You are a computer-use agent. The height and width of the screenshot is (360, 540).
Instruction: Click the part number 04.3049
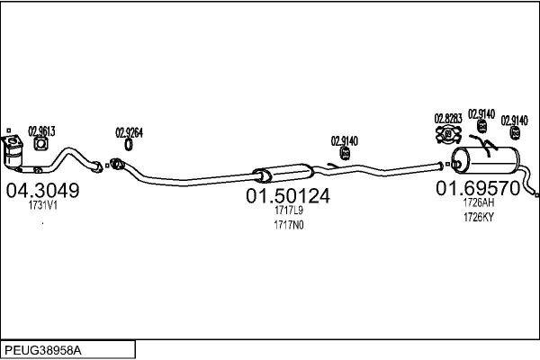pos(42,191)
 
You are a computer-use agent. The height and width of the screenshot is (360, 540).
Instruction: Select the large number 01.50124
pos(288,196)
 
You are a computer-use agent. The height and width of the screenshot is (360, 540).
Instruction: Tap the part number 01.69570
pos(478,188)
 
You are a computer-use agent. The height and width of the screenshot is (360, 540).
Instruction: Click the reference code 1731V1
pos(42,206)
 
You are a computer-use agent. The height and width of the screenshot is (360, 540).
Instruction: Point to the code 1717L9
pos(289,210)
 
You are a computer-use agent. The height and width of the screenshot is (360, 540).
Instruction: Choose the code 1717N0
pos(289,225)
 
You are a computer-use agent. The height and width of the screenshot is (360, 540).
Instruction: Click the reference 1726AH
pos(479,202)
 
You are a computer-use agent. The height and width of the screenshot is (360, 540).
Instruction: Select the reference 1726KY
pos(479,218)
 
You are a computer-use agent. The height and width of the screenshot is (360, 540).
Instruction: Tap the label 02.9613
pos(41,131)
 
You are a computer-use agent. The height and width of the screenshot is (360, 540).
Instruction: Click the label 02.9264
pos(129,132)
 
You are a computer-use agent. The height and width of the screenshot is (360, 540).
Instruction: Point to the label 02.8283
pos(448,119)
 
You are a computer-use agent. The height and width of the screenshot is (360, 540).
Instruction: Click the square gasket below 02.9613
pos(41,144)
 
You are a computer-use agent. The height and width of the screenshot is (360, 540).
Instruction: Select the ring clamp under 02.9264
pos(129,145)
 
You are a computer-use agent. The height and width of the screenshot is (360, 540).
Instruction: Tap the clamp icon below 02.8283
pos(448,135)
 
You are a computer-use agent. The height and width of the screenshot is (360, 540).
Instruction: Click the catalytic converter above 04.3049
pos(13,152)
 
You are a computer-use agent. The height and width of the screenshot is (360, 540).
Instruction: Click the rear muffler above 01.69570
pos(485,160)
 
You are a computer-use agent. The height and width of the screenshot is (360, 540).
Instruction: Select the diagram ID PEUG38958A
pos(43,351)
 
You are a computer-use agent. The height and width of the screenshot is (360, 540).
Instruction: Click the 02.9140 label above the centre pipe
pos(345,141)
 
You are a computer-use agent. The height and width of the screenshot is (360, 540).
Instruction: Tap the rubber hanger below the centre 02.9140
pos(345,153)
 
